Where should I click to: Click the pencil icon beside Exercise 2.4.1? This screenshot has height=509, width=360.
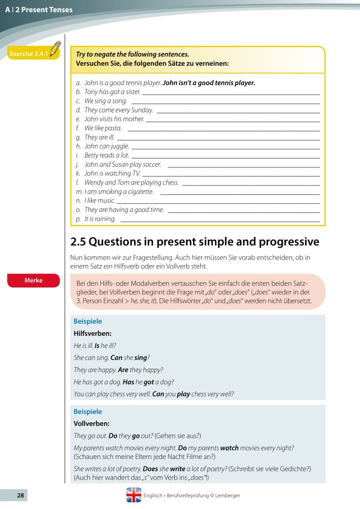(x=55, y=48)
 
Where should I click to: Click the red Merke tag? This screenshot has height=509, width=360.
(x=33, y=280)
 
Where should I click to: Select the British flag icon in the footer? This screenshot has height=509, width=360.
(x=134, y=495)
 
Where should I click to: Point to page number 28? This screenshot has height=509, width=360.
(x=20, y=495)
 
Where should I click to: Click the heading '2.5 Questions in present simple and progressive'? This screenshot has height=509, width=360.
(x=195, y=242)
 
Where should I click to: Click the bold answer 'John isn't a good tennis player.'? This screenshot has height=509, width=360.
(x=209, y=83)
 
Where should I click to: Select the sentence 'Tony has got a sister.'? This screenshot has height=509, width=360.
(x=112, y=92)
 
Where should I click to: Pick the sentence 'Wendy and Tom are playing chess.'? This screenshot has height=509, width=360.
(x=131, y=183)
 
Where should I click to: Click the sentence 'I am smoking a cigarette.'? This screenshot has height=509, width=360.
(x=119, y=192)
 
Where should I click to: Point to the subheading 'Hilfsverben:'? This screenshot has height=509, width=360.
(x=92, y=333)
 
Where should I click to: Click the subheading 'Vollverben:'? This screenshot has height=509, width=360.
(x=91, y=423)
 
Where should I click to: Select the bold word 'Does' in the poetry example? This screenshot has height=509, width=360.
(x=150, y=469)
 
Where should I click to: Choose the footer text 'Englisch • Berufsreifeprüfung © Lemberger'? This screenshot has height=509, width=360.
(x=192, y=495)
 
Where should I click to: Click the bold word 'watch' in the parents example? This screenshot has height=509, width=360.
(x=229, y=448)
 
